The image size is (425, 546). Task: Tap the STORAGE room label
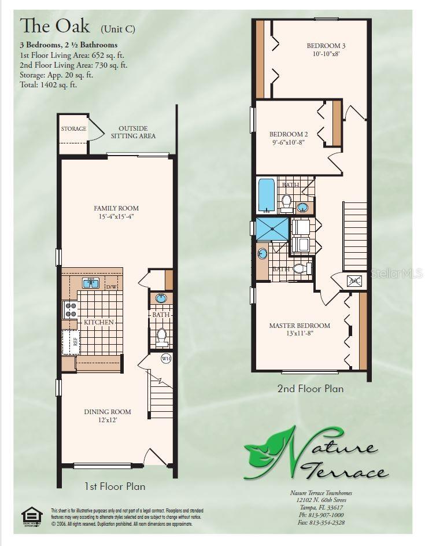pos(73,129)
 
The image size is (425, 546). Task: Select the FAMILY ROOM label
pos(116,208)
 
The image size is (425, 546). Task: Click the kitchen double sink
pos(90,283)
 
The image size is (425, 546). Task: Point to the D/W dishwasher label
pos(111,286)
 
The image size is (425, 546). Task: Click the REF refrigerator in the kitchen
pos(74,342)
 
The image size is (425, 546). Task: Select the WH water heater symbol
pos(166,359)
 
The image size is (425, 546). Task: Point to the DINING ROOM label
pos(108,412)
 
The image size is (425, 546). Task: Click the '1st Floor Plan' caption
pos(114,486)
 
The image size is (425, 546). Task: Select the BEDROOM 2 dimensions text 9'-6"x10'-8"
pos(288,142)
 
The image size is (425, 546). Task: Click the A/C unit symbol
pos(354,281)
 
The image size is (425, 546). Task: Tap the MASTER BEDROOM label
pos(300,326)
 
